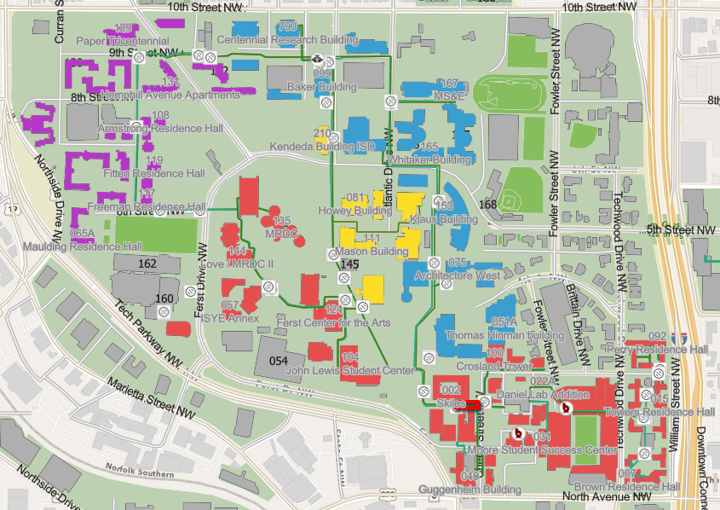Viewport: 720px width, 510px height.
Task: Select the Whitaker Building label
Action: (x=428, y=159)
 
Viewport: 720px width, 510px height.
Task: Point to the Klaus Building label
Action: (x=444, y=219)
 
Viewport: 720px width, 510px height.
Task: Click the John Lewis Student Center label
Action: (x=349, y=370)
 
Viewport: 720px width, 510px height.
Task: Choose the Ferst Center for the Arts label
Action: (x=335, y=323)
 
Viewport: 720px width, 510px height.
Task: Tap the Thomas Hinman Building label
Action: (x=492, y=336)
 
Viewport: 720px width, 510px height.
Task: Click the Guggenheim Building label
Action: (x=469, y=490)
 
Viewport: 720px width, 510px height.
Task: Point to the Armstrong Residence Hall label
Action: (x=160, y=128)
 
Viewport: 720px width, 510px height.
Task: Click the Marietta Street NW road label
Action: (x=151, y=398)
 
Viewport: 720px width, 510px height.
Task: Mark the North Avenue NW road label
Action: (x=607, y=496)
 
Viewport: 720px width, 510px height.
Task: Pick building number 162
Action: (x=147, y=264)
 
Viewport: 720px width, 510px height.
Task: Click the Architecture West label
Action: (x=458, y=276)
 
